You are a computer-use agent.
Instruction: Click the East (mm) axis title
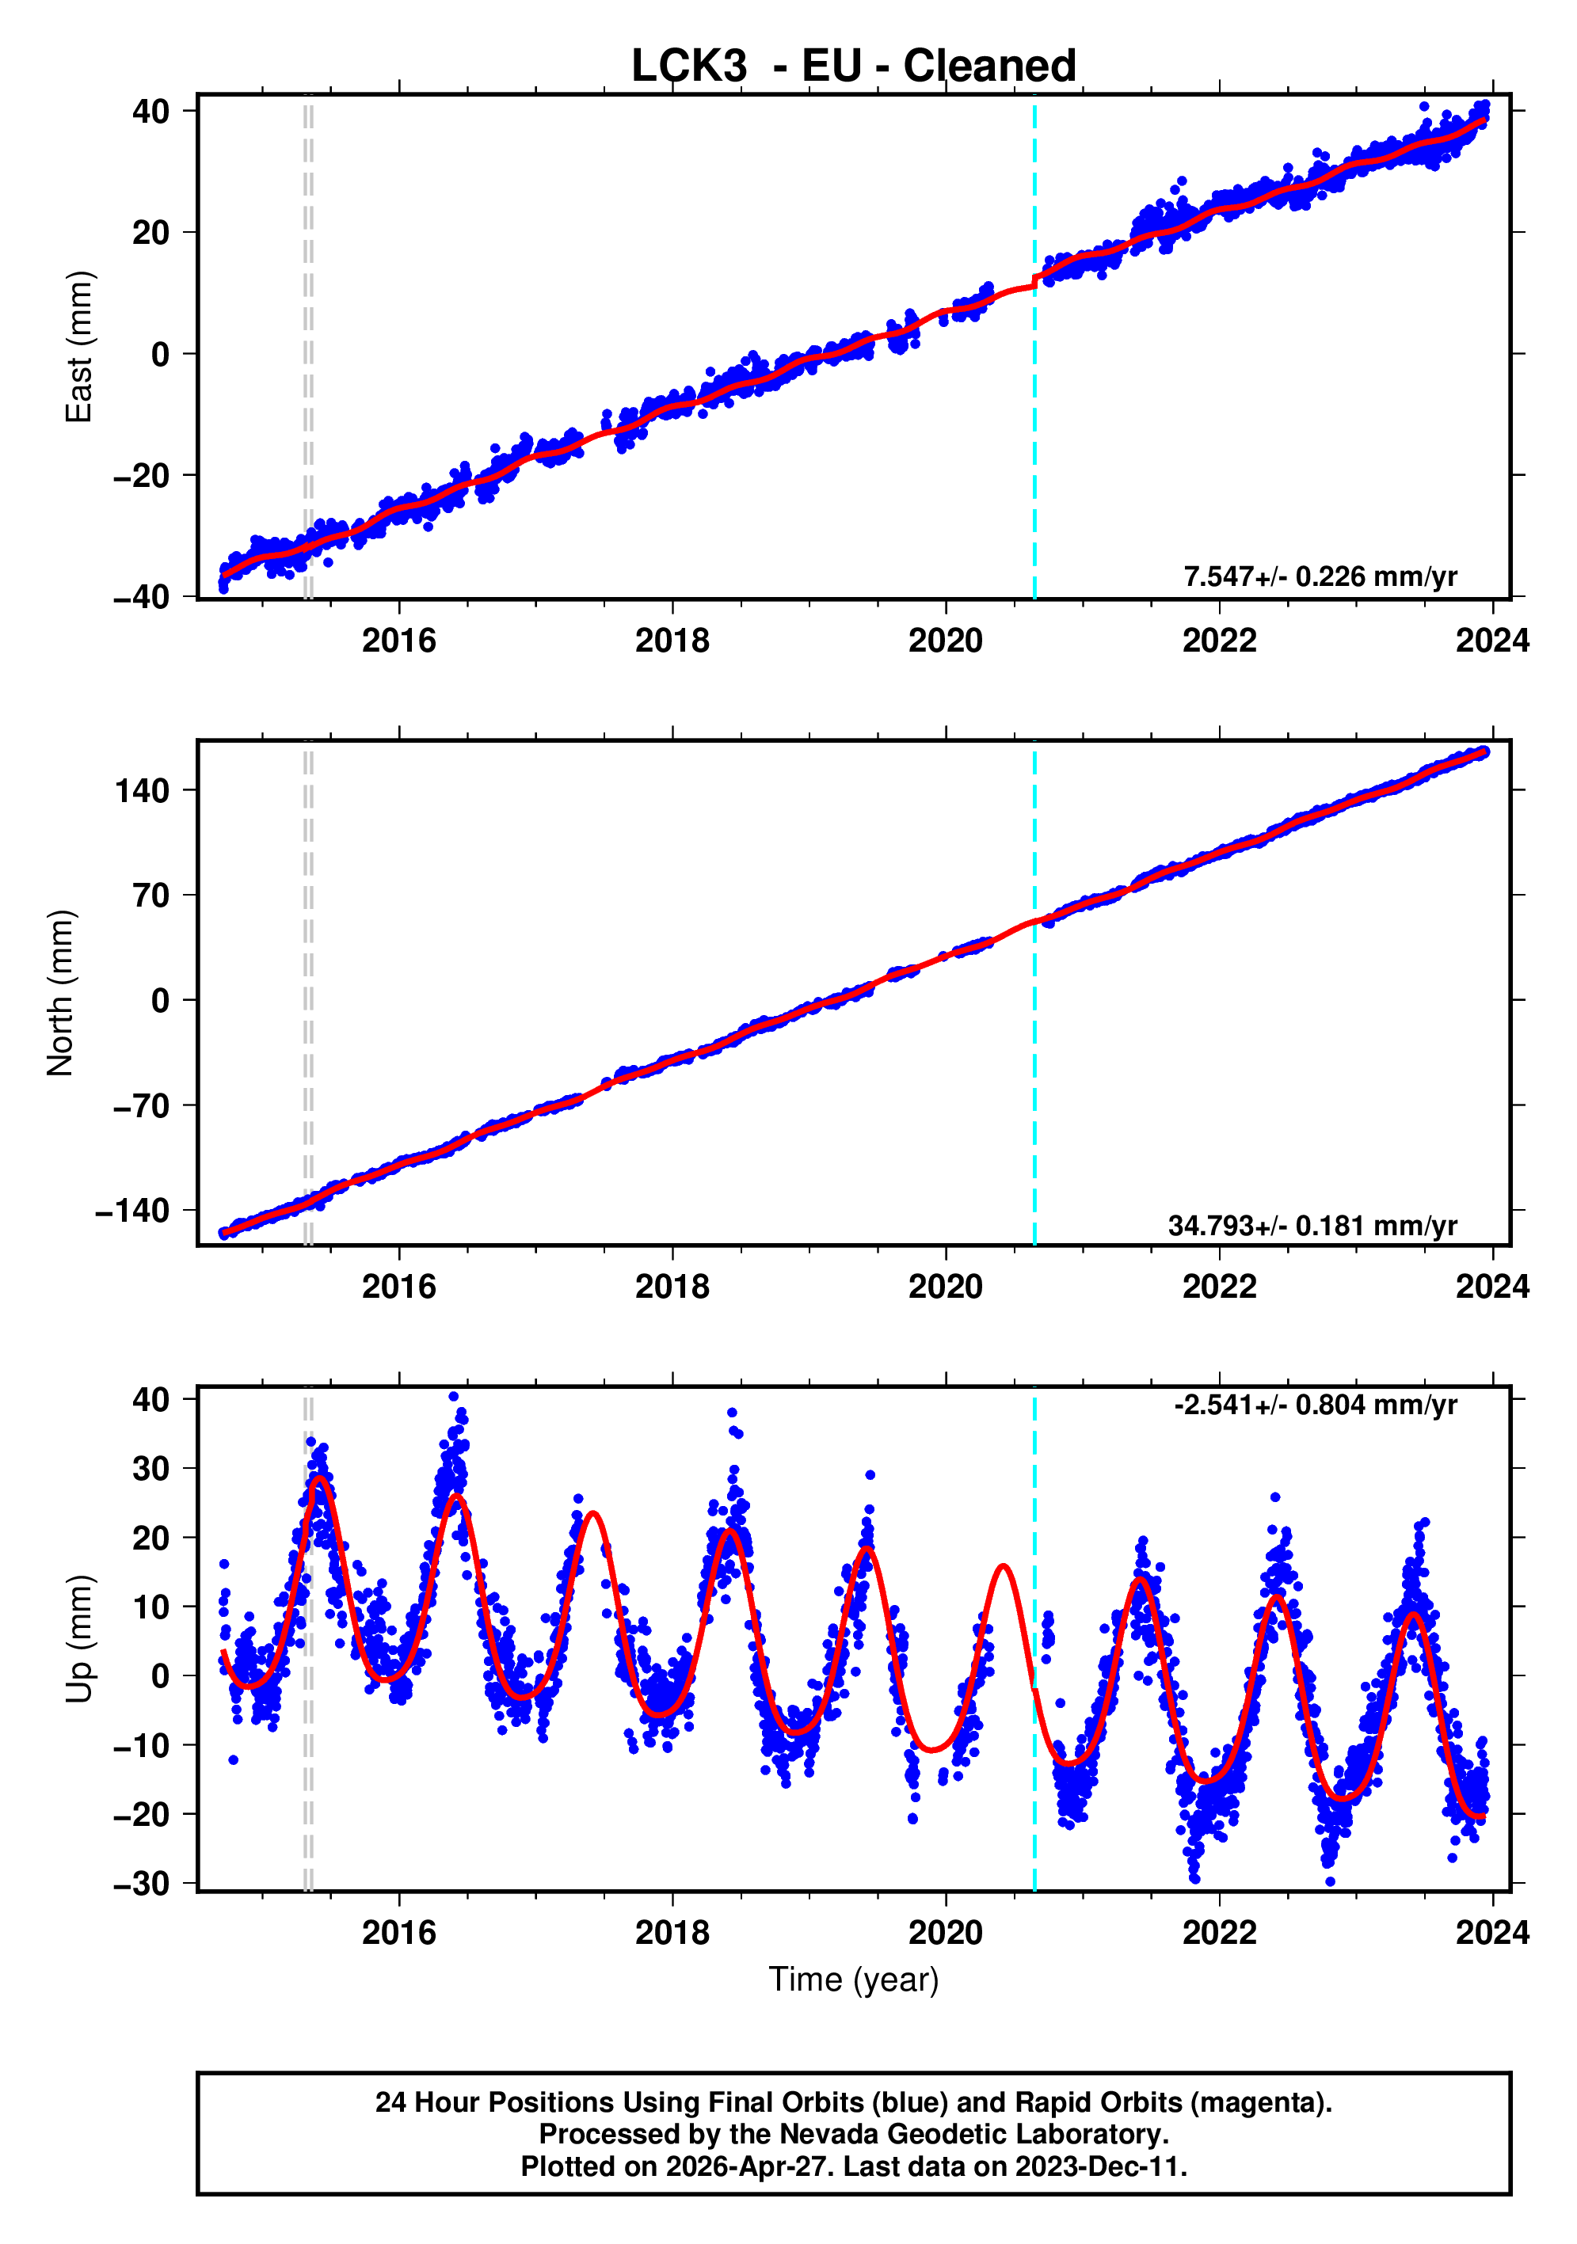pyautogui.click(x=78, y=347)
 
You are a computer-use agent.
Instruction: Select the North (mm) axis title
pyautogui.click(x=61, y=992)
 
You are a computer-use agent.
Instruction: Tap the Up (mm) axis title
pyautogui.click(x=78, y=1639)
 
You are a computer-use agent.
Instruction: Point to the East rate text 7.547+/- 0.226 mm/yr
pyautogui.click(x=1320, y=576)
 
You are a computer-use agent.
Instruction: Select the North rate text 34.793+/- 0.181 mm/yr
pyautogui.click(x=1312, y=1226)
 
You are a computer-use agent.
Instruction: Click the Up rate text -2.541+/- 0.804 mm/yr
pyautogui.click(x=1315, y=1405)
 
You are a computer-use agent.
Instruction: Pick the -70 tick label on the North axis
pyautogui.click(x=142, y=1105)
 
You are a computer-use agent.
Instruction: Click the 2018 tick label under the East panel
pyautogui.click(x=672, y=641)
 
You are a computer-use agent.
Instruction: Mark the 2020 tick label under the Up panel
pyautogui.click(x=946, y=1933)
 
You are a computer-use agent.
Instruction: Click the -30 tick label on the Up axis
pyautogui.click(x=142, y=1884)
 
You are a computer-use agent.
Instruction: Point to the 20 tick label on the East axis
pyautogui.click(x=150, y=233)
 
